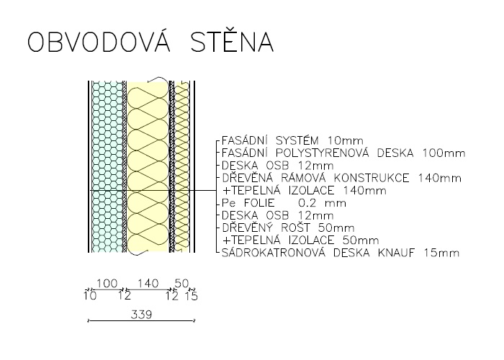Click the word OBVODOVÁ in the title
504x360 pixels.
tap(99, 41)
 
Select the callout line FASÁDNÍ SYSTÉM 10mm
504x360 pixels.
tap(292, 141)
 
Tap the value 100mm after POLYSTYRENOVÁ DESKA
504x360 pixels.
tap(444, 153)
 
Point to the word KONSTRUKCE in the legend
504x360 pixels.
tap(372, 178)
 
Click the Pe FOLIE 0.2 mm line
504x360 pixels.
tap(284, 203)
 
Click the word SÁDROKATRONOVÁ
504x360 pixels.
tap(274, 252)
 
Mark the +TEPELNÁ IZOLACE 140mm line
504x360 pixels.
tap(304, 191)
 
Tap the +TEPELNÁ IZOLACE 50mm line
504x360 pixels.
tap(300, 240)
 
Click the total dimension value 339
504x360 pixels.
tap(141, 315)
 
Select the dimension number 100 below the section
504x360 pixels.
tap(107, 284)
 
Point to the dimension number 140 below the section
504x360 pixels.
tap(148, 284)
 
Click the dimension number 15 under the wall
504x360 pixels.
tap(192, 296)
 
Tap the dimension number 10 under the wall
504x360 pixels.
tap(90, 295)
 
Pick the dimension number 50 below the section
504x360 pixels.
tap(181, 284)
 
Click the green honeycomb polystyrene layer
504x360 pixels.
tap(107, 166)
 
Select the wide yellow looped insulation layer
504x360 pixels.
tap(148, 166)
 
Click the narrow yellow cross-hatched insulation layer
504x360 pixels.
tap(182, 166)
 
